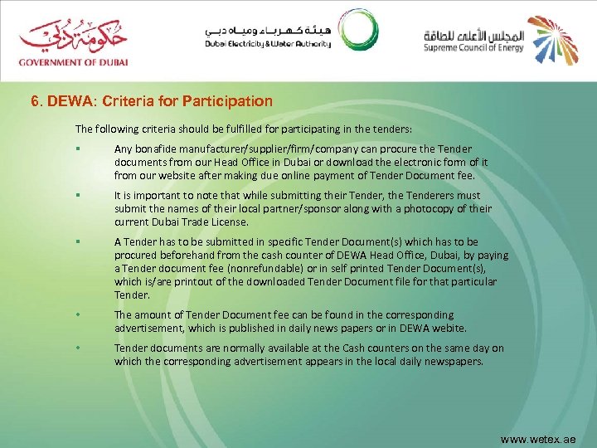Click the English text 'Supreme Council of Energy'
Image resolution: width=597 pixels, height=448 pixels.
tap(475, 48)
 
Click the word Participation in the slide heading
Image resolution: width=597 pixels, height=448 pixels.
tap(234, 101)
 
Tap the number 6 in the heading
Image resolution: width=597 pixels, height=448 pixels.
tap(35, 101)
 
